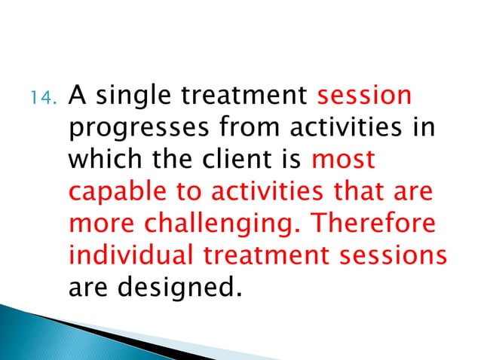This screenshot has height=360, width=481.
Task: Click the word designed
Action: [179, 288]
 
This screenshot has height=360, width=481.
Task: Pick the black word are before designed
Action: [89, 288]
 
